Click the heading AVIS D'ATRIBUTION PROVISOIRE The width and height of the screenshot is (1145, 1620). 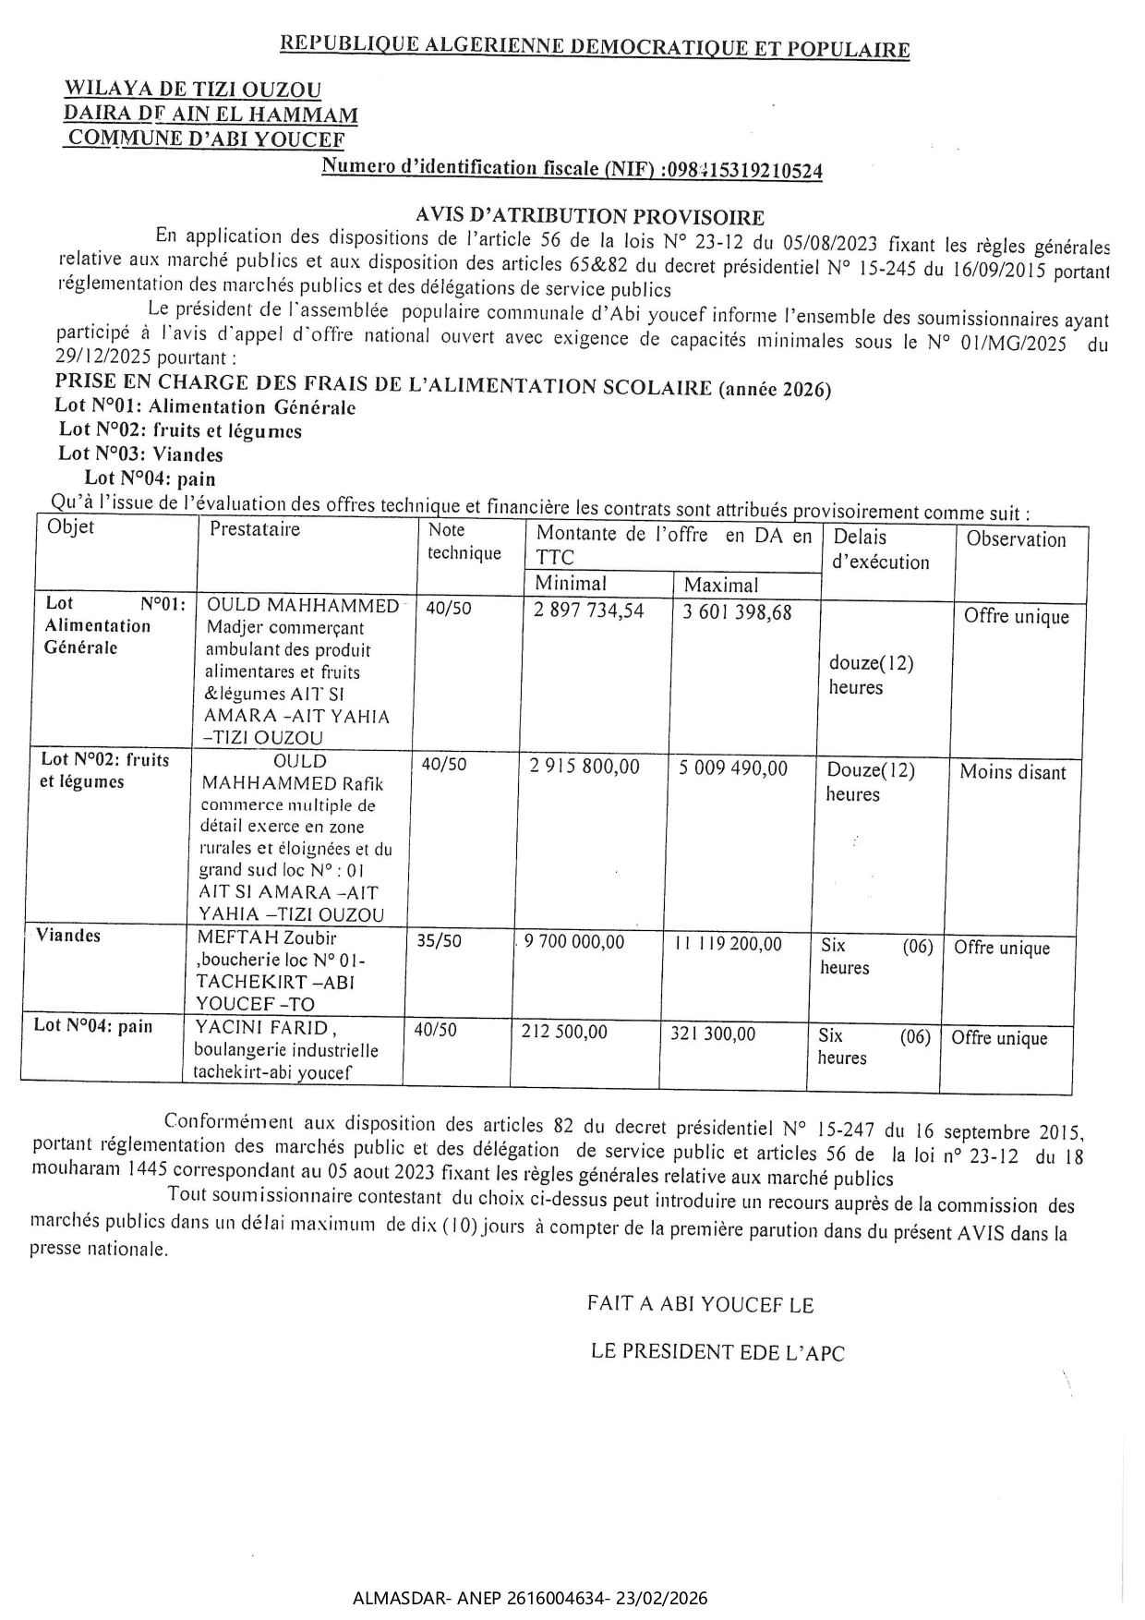click(x=590, y=217)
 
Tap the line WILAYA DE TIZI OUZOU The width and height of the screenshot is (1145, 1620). click(x=192, y=90)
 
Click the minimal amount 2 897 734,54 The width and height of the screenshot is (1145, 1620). click(x=589, y=611)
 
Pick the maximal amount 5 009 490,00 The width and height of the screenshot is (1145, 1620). click(x=733, y=768)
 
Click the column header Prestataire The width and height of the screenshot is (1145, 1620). click(x=255, y=529)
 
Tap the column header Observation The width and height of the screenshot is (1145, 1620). click(x=1016, y=539)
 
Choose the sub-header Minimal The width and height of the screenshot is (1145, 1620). click(x=571, y=583)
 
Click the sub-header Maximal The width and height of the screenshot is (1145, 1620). click(x=721, y=585)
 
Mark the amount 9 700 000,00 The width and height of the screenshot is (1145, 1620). click(x=573, y=942)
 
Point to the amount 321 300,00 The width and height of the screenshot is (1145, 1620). click(x=713, y=1034)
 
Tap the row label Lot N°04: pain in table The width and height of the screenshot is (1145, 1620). click(x=93, y=1025)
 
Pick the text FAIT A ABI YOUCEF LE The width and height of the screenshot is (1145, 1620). click(x=700, y=1304)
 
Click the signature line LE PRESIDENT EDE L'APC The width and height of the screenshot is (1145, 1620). click(x=717, y=1353)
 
